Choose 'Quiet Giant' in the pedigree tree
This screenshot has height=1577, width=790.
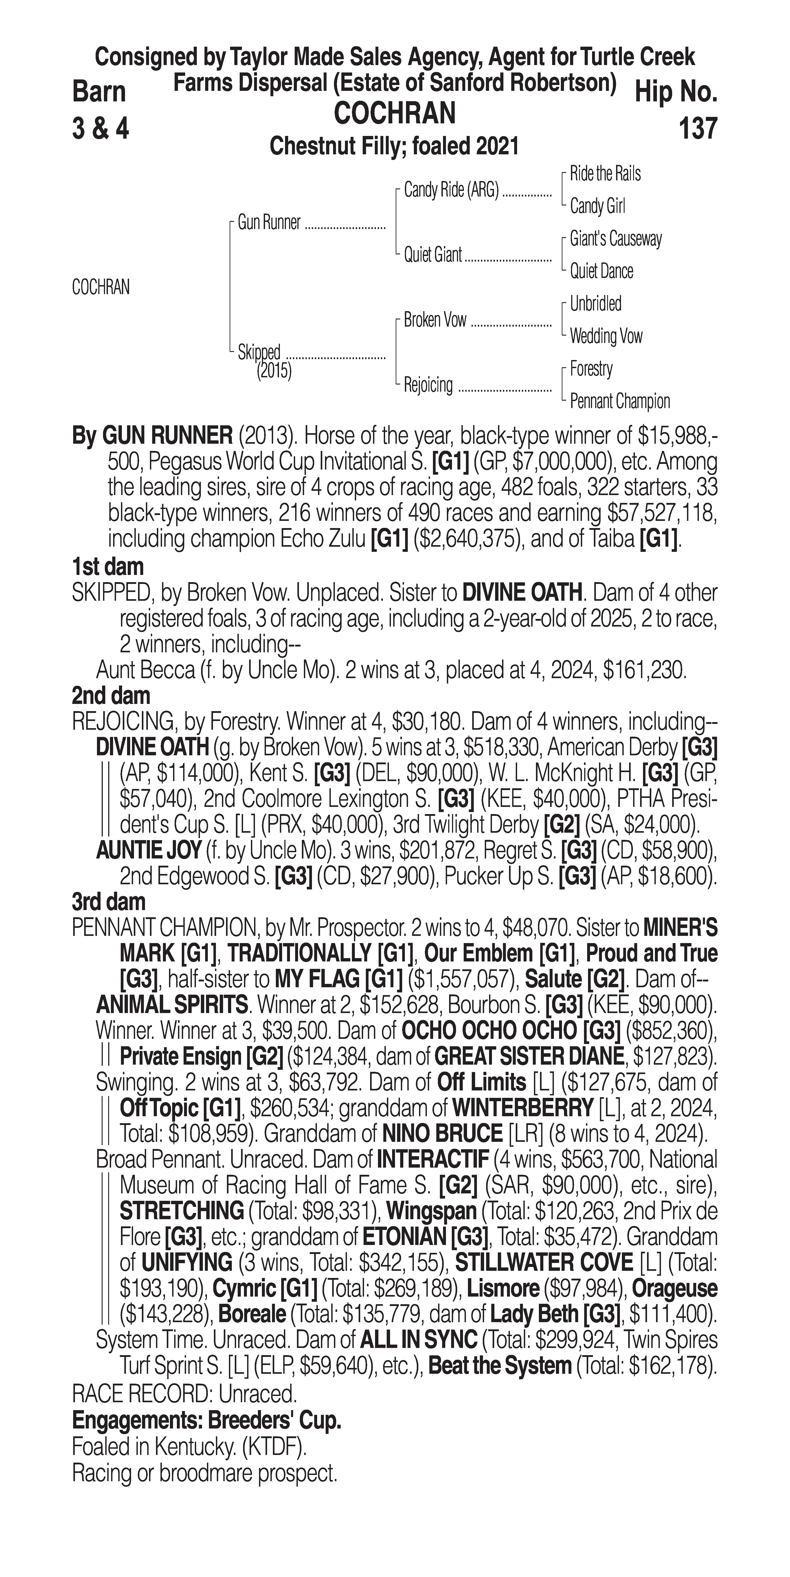[432, 255]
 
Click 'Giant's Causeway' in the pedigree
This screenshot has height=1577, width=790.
[615, 239]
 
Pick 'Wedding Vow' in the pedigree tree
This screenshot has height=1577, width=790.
[606, 336]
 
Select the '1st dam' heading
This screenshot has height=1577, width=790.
[108, 567]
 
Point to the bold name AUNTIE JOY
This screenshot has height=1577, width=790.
[149, 850]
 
